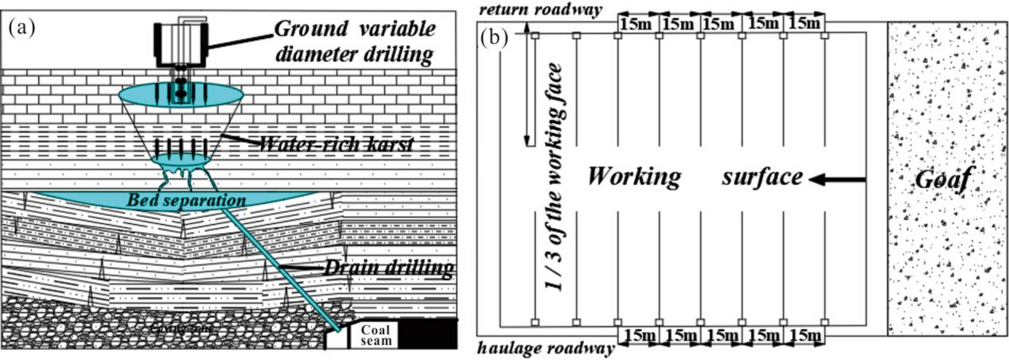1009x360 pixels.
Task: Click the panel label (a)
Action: [22, 27]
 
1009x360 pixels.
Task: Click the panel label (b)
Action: [494, 38]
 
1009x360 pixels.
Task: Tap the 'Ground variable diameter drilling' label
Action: [355, 41]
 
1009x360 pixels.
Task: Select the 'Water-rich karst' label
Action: [336, 144]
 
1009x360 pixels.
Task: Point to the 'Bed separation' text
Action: [186, 200]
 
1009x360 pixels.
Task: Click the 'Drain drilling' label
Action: [388, 267]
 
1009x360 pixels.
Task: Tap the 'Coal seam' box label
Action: [375, 335]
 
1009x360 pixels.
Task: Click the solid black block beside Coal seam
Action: [428, 334]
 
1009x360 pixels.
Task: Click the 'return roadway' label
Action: [540, 10]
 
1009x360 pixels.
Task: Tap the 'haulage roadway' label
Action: [545, 349]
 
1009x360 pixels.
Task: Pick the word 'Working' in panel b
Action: [634, 177]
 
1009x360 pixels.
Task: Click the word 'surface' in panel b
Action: [762, 177]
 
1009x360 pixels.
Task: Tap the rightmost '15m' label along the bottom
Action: [805, 336]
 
